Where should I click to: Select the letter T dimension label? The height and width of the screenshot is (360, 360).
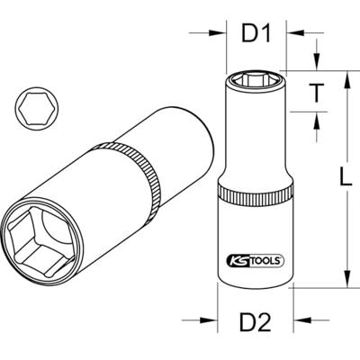pyautogui.click(x=316, y=93)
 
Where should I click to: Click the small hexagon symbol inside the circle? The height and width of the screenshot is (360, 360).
pyautogui.click(x=33, y=108)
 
